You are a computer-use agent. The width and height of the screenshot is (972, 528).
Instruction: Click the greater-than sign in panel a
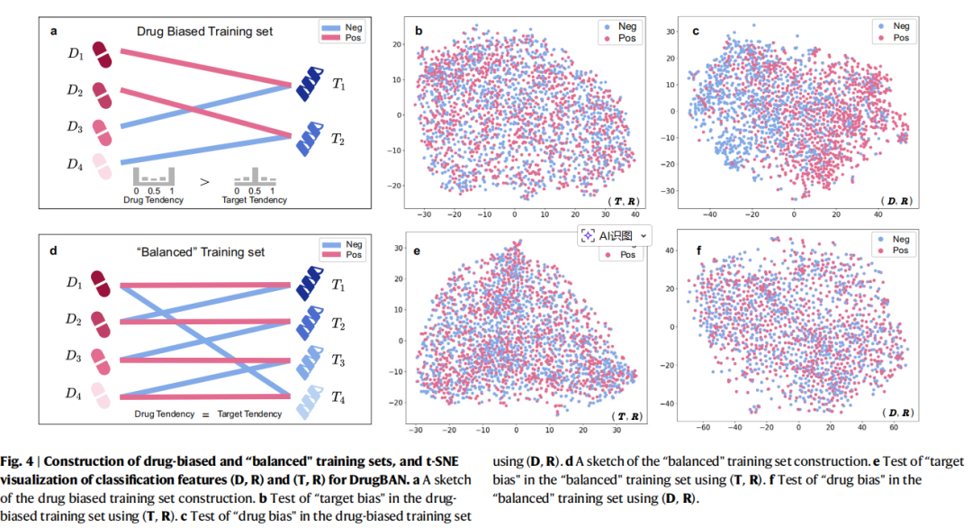click(x=204, y=182)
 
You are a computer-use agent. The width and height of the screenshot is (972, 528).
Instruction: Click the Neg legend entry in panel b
click(x=621, y=26)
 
